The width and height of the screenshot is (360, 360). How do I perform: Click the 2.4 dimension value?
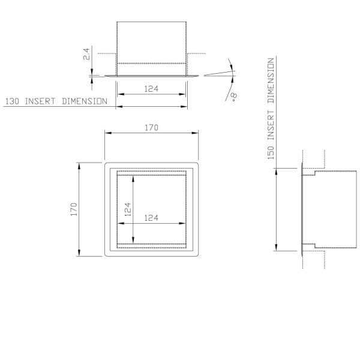coord(86,54)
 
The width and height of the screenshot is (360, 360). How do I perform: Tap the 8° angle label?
coord(234,97)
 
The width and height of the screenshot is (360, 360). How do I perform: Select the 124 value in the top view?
coord(151,89)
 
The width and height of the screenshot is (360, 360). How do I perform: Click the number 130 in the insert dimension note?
coord(12,101)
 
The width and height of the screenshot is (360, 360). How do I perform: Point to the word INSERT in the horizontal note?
coord(40,101)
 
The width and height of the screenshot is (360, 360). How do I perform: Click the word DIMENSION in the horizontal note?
coord(85,101)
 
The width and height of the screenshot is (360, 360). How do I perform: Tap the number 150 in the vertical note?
coord(271,152)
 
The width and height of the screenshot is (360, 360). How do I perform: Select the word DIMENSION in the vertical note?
coord(271,80)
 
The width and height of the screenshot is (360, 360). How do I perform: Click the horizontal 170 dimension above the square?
coord(152,127)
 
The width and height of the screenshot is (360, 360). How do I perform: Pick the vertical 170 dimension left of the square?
coord(74,209)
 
